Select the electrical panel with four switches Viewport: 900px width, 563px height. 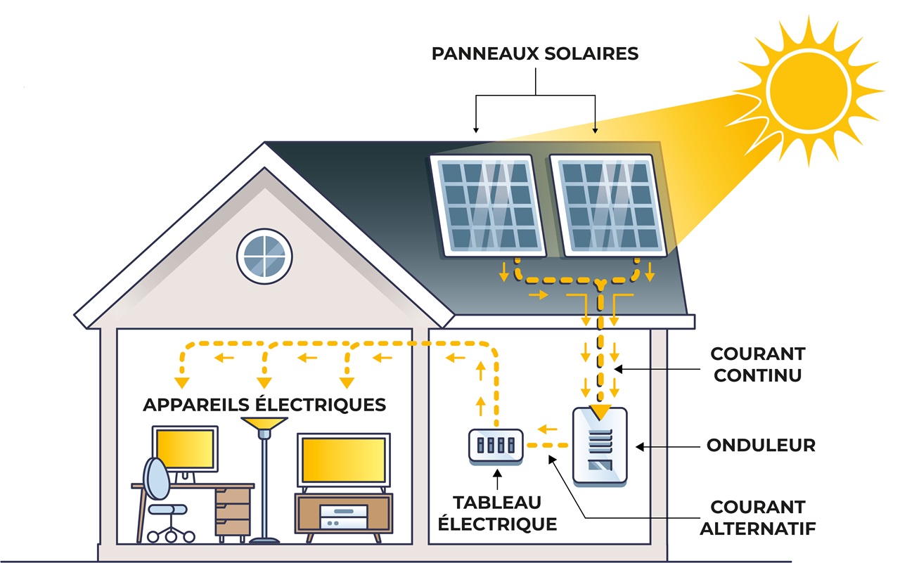click(x=496, y=446)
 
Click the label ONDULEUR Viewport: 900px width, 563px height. click(x=761, y=446)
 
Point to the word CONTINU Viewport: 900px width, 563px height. click(x=757, y=375)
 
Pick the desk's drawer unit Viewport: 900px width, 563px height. click(x=232, y=511)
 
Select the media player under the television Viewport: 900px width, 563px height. click(x=343, y=518)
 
